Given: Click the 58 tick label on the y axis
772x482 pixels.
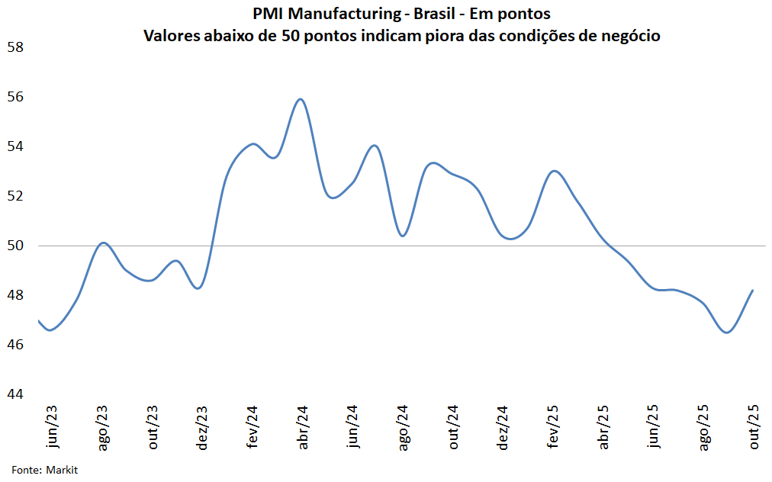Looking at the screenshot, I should click(x=15, y=47).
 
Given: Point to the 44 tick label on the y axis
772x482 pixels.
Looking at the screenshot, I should click(x=15, y=394).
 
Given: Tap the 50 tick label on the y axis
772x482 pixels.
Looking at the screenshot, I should click(x=15, y=246).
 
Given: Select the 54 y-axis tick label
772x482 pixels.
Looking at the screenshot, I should click(x=15, y=146).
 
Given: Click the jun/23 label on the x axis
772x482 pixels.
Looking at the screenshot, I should click(x=52, y=428).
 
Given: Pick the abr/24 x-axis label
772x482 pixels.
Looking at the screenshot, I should click(x=303, y=428).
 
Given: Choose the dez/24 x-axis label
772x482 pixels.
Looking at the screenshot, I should click(x=503, y=428).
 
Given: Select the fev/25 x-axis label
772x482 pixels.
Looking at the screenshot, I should click(x=555, y=428).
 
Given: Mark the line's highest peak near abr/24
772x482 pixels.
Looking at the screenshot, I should click(x=300, y=99).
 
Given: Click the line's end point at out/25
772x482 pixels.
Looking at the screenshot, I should click(x=753, y=290).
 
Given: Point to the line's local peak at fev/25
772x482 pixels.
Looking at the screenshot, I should click(x=555, y=171).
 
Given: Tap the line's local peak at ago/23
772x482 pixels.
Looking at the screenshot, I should click(x=104, y=243).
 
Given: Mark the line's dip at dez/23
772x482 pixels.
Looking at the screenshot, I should click(x=198, y=288).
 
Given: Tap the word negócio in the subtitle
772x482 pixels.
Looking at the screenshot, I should click(x=628, y=36).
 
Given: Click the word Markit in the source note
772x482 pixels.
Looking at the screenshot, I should click(x=62, y=470).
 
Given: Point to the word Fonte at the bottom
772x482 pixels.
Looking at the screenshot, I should click(x=26, y=470).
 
